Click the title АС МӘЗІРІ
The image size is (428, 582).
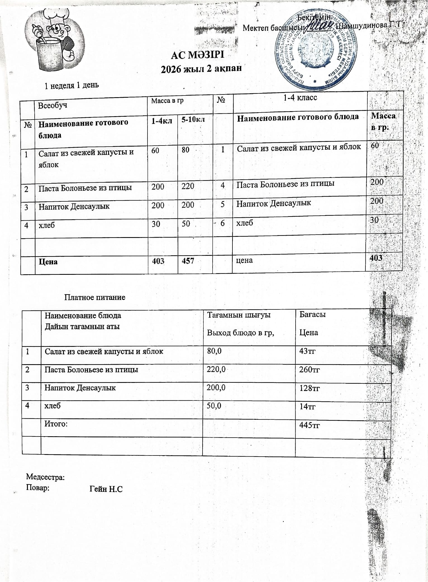(x=198, y=55)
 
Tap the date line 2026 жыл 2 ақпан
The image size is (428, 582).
(x=201, y=69)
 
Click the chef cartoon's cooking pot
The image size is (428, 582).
(x=49, y=54)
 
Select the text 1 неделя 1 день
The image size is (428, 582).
(x=72, y=85)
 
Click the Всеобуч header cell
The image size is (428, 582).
(x=53, y=105)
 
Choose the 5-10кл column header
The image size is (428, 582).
(x=193, y=120)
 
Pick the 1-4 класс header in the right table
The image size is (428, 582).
(x=300, y=97)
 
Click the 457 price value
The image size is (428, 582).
(x=188, y=261)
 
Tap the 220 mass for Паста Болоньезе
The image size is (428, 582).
(x=188, y=186)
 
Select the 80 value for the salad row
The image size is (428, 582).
(x=186, y=150)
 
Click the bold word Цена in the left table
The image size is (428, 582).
(x=48, y=262)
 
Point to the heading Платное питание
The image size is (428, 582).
(x=95, y=297)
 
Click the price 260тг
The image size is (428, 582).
(x=309, y=370)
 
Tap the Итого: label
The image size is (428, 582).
(x=56, y=424)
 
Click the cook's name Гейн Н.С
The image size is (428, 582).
(x=106, y=489)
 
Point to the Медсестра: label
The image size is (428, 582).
(x=45, y=477)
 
